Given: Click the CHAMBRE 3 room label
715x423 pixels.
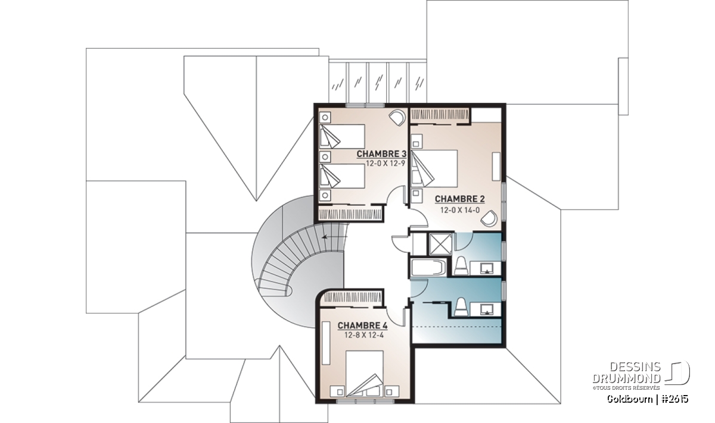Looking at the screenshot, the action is pyautogui.click(x=381, y=154).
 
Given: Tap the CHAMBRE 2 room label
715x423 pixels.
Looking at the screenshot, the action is pyautogui.click(x=459, y=199).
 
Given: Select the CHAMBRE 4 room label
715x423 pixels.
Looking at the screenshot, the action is pyautogui.click(x=363, y=325).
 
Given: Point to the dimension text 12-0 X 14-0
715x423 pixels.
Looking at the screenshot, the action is pyautogui.click(x=459, y=210).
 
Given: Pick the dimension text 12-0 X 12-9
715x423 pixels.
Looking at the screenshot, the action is pyautogui.click(x=386, y=164).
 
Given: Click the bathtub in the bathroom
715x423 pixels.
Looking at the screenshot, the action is pyautogui.click(x=428, y=268).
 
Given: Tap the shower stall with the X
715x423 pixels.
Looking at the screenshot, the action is pyautogui.click(x=440, y=244).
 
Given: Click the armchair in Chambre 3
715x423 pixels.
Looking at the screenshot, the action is pyautogui.click(x=397, y=118).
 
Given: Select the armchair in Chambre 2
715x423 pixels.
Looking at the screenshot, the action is pyautogui.click(x=489, y=218).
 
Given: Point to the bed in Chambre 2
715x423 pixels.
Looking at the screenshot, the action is pyautogui.click(x=434, y=168).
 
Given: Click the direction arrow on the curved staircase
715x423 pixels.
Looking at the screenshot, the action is pyautogui.click(x=334, y=237).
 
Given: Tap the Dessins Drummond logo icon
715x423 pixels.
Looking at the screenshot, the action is pyautogui.click(x=677, y=373).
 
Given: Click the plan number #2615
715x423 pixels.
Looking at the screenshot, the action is pyautogui.click(x=674, y=399).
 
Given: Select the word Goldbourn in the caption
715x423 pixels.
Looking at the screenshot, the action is pyautogui.click(x=630, y=399).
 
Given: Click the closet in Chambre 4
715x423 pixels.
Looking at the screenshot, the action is pyautogui.click(x=350, y=297).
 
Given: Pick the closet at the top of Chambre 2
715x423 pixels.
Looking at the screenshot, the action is pyautogui.click(x=440, y=116).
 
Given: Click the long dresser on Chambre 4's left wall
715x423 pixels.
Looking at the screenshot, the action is pyautogui.click(x=326, y=343).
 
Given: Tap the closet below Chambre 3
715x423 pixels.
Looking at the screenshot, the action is pyautogui.click(x=350, y=214).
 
